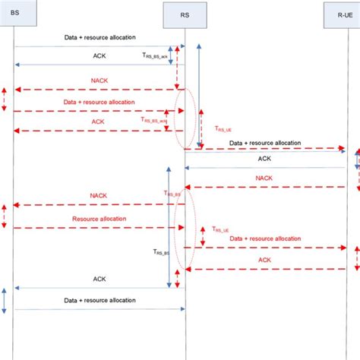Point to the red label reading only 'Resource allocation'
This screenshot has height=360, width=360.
(99, 219)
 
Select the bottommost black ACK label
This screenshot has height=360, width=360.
(99, 279)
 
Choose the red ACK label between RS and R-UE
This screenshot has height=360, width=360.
(264, 260)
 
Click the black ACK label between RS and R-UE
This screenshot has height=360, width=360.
(264, 159)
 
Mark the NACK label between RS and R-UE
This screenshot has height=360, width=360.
(264, 178)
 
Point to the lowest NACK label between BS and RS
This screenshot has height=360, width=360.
(99, 195)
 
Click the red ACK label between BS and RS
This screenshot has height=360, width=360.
(99, 122)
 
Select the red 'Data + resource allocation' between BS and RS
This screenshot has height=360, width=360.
(99, 102)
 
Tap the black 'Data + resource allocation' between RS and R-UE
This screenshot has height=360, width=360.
(264, 142)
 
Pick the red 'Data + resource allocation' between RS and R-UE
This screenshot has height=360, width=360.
(264, 238)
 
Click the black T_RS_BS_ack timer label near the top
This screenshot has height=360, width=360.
(156, 55)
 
